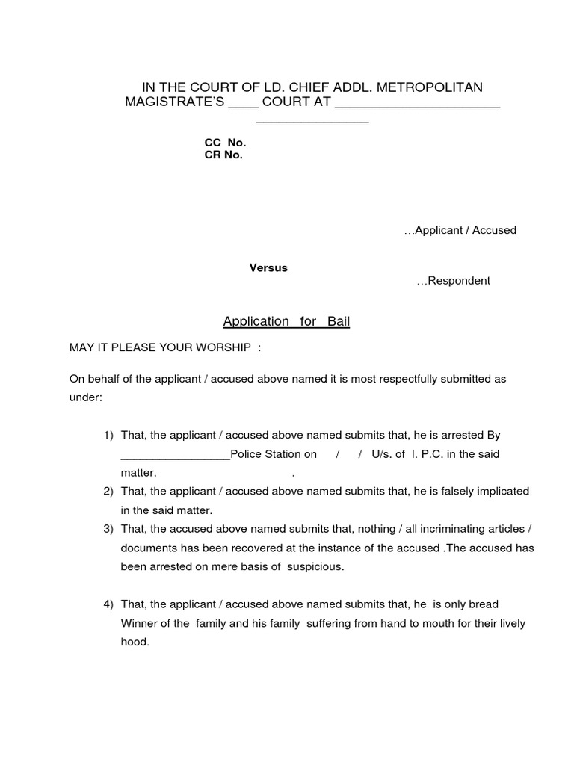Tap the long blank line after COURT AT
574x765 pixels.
click(x=417, y=105)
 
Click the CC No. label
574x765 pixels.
click(x=225, y=142)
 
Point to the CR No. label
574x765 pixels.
click(x=223, y=155)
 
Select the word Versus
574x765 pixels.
click(x=268, y=268)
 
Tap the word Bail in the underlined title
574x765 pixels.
click(x=337, y=321)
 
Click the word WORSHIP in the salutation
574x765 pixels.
click(x=223, y=347)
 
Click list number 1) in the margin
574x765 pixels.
click(x=108, y=435)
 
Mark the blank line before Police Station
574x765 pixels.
click(x=175, y=455)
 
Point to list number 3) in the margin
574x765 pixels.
click(x=108, y=529)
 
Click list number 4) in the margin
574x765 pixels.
click(x=108, y=604)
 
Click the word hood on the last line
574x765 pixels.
click(x=135, y=641)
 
